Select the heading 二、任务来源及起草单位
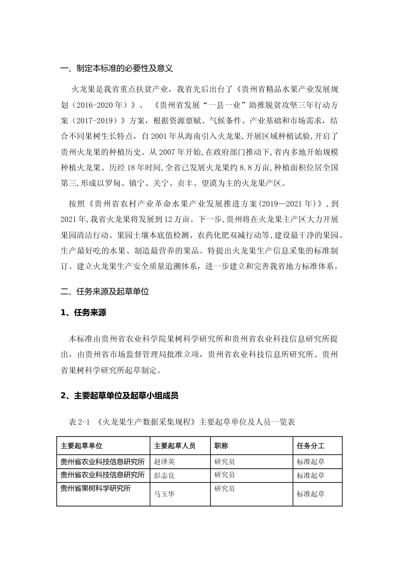105,292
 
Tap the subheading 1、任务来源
83,313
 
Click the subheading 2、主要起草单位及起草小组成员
119,395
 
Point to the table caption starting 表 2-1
181,422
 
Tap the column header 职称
221,446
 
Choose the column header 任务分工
311,446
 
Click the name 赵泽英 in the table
164,462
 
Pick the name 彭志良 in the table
164,475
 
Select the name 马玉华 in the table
164,494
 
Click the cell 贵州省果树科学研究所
96,488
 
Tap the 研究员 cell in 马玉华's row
225,488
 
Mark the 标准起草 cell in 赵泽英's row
311,462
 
